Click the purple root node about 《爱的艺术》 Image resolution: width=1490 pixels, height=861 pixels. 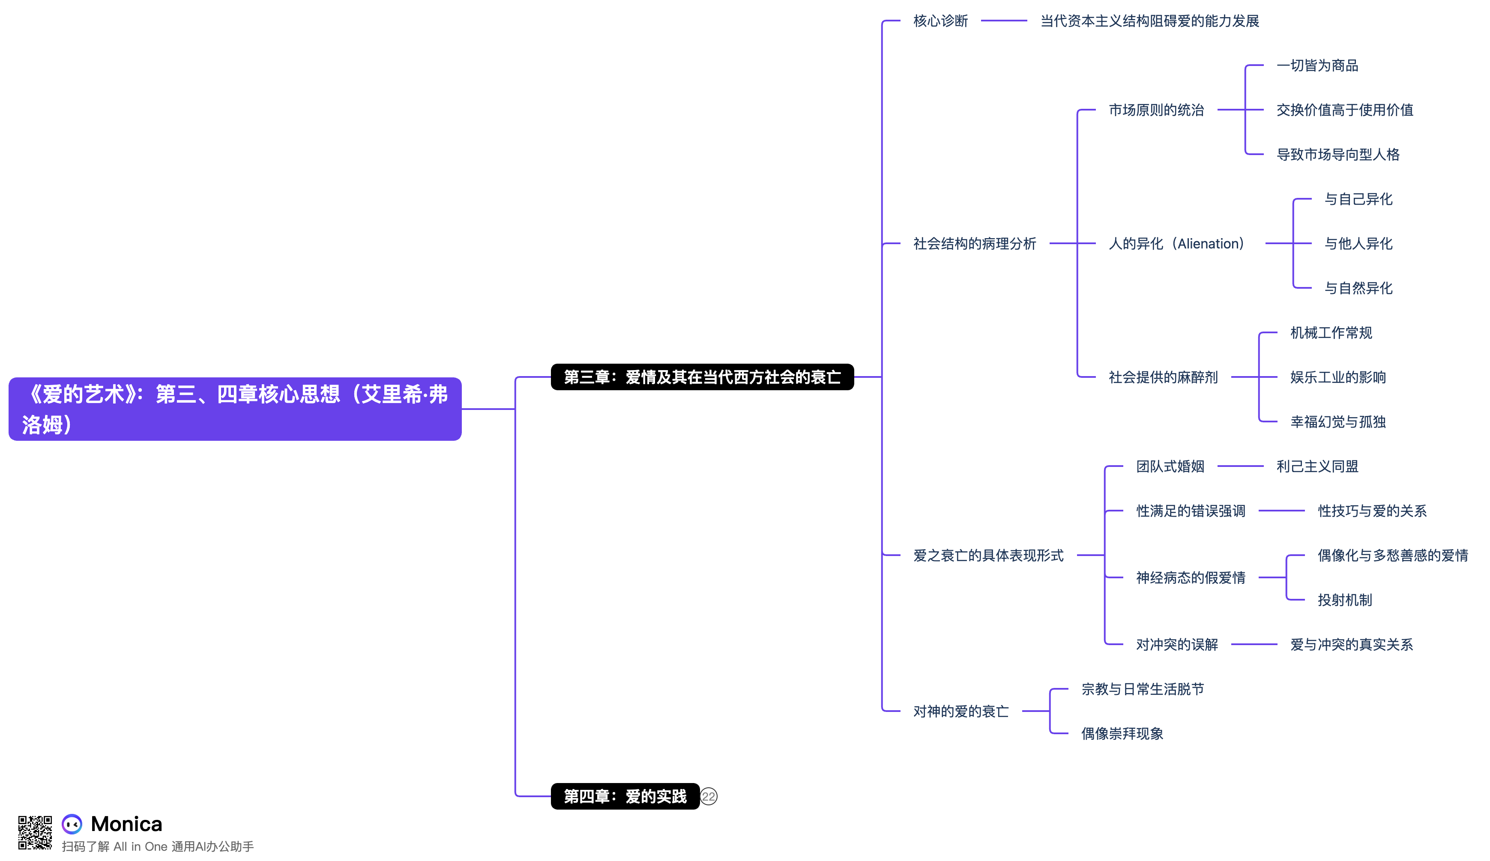point(235,409)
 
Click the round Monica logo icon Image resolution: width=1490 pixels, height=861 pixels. point(72,824)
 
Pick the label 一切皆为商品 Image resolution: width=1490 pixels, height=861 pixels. point(1317,66)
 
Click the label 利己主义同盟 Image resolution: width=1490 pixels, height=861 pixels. point(1317,466)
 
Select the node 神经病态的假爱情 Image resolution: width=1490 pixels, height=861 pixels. point(1190,578)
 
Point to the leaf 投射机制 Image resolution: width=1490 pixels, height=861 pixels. point(1344,600)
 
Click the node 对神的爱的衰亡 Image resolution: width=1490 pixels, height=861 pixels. point(961,712)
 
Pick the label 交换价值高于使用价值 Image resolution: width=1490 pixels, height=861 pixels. point(1344,110)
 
